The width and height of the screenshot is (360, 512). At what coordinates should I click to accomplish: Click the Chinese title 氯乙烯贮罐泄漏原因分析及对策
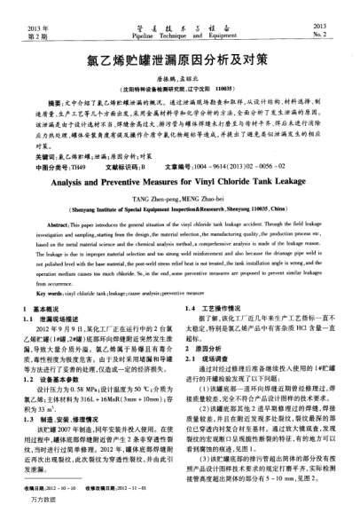click(180, 65)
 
